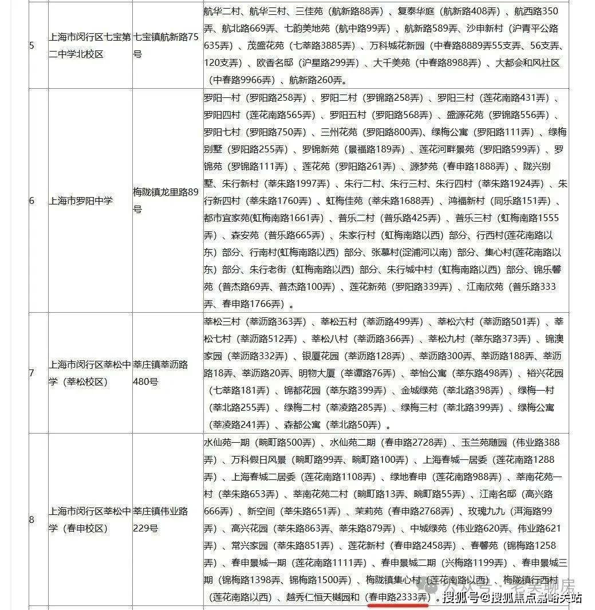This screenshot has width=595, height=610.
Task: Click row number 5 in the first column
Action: pyautogui.click(x=31, y=45)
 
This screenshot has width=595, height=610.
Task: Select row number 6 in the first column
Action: pyautogui.click(x=31, y=201)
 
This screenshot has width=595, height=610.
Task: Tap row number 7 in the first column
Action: pyautogui.click(x=31, y=373)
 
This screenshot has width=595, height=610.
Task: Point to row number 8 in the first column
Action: pyautogui.click(x=31, y=520)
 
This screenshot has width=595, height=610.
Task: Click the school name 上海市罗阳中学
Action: pyautogui.click(x=81, y=201)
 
